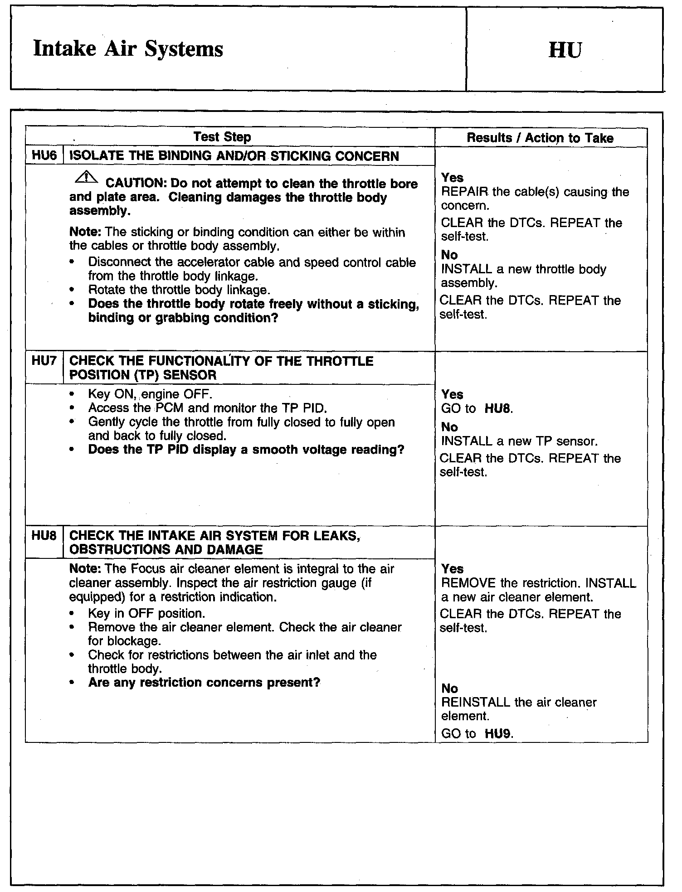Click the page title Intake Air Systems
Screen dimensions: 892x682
click(x=128, y=49)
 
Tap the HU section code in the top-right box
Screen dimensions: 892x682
click(x=565, y=50)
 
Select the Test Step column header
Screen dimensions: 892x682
click(x=222, y=137)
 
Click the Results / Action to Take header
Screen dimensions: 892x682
click(x=540, y=138)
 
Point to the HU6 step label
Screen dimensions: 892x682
click(x=44, y=156)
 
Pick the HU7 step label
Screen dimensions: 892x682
click(x=44, y=361)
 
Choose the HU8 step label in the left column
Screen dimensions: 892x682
click(x=44, y=536)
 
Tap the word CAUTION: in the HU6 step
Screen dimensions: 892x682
click(x=136, y=184)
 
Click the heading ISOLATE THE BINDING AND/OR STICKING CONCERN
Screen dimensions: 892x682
click(x=234, y=156)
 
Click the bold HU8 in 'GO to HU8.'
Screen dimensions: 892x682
click(x=498, y=409)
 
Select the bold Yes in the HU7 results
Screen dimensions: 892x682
click(x=452, y=394)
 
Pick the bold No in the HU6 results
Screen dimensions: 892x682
click(x=449, y=255)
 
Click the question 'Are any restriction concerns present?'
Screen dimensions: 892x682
click(x=204, y=683)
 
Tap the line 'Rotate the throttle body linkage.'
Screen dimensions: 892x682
click(x=179, y=290)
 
